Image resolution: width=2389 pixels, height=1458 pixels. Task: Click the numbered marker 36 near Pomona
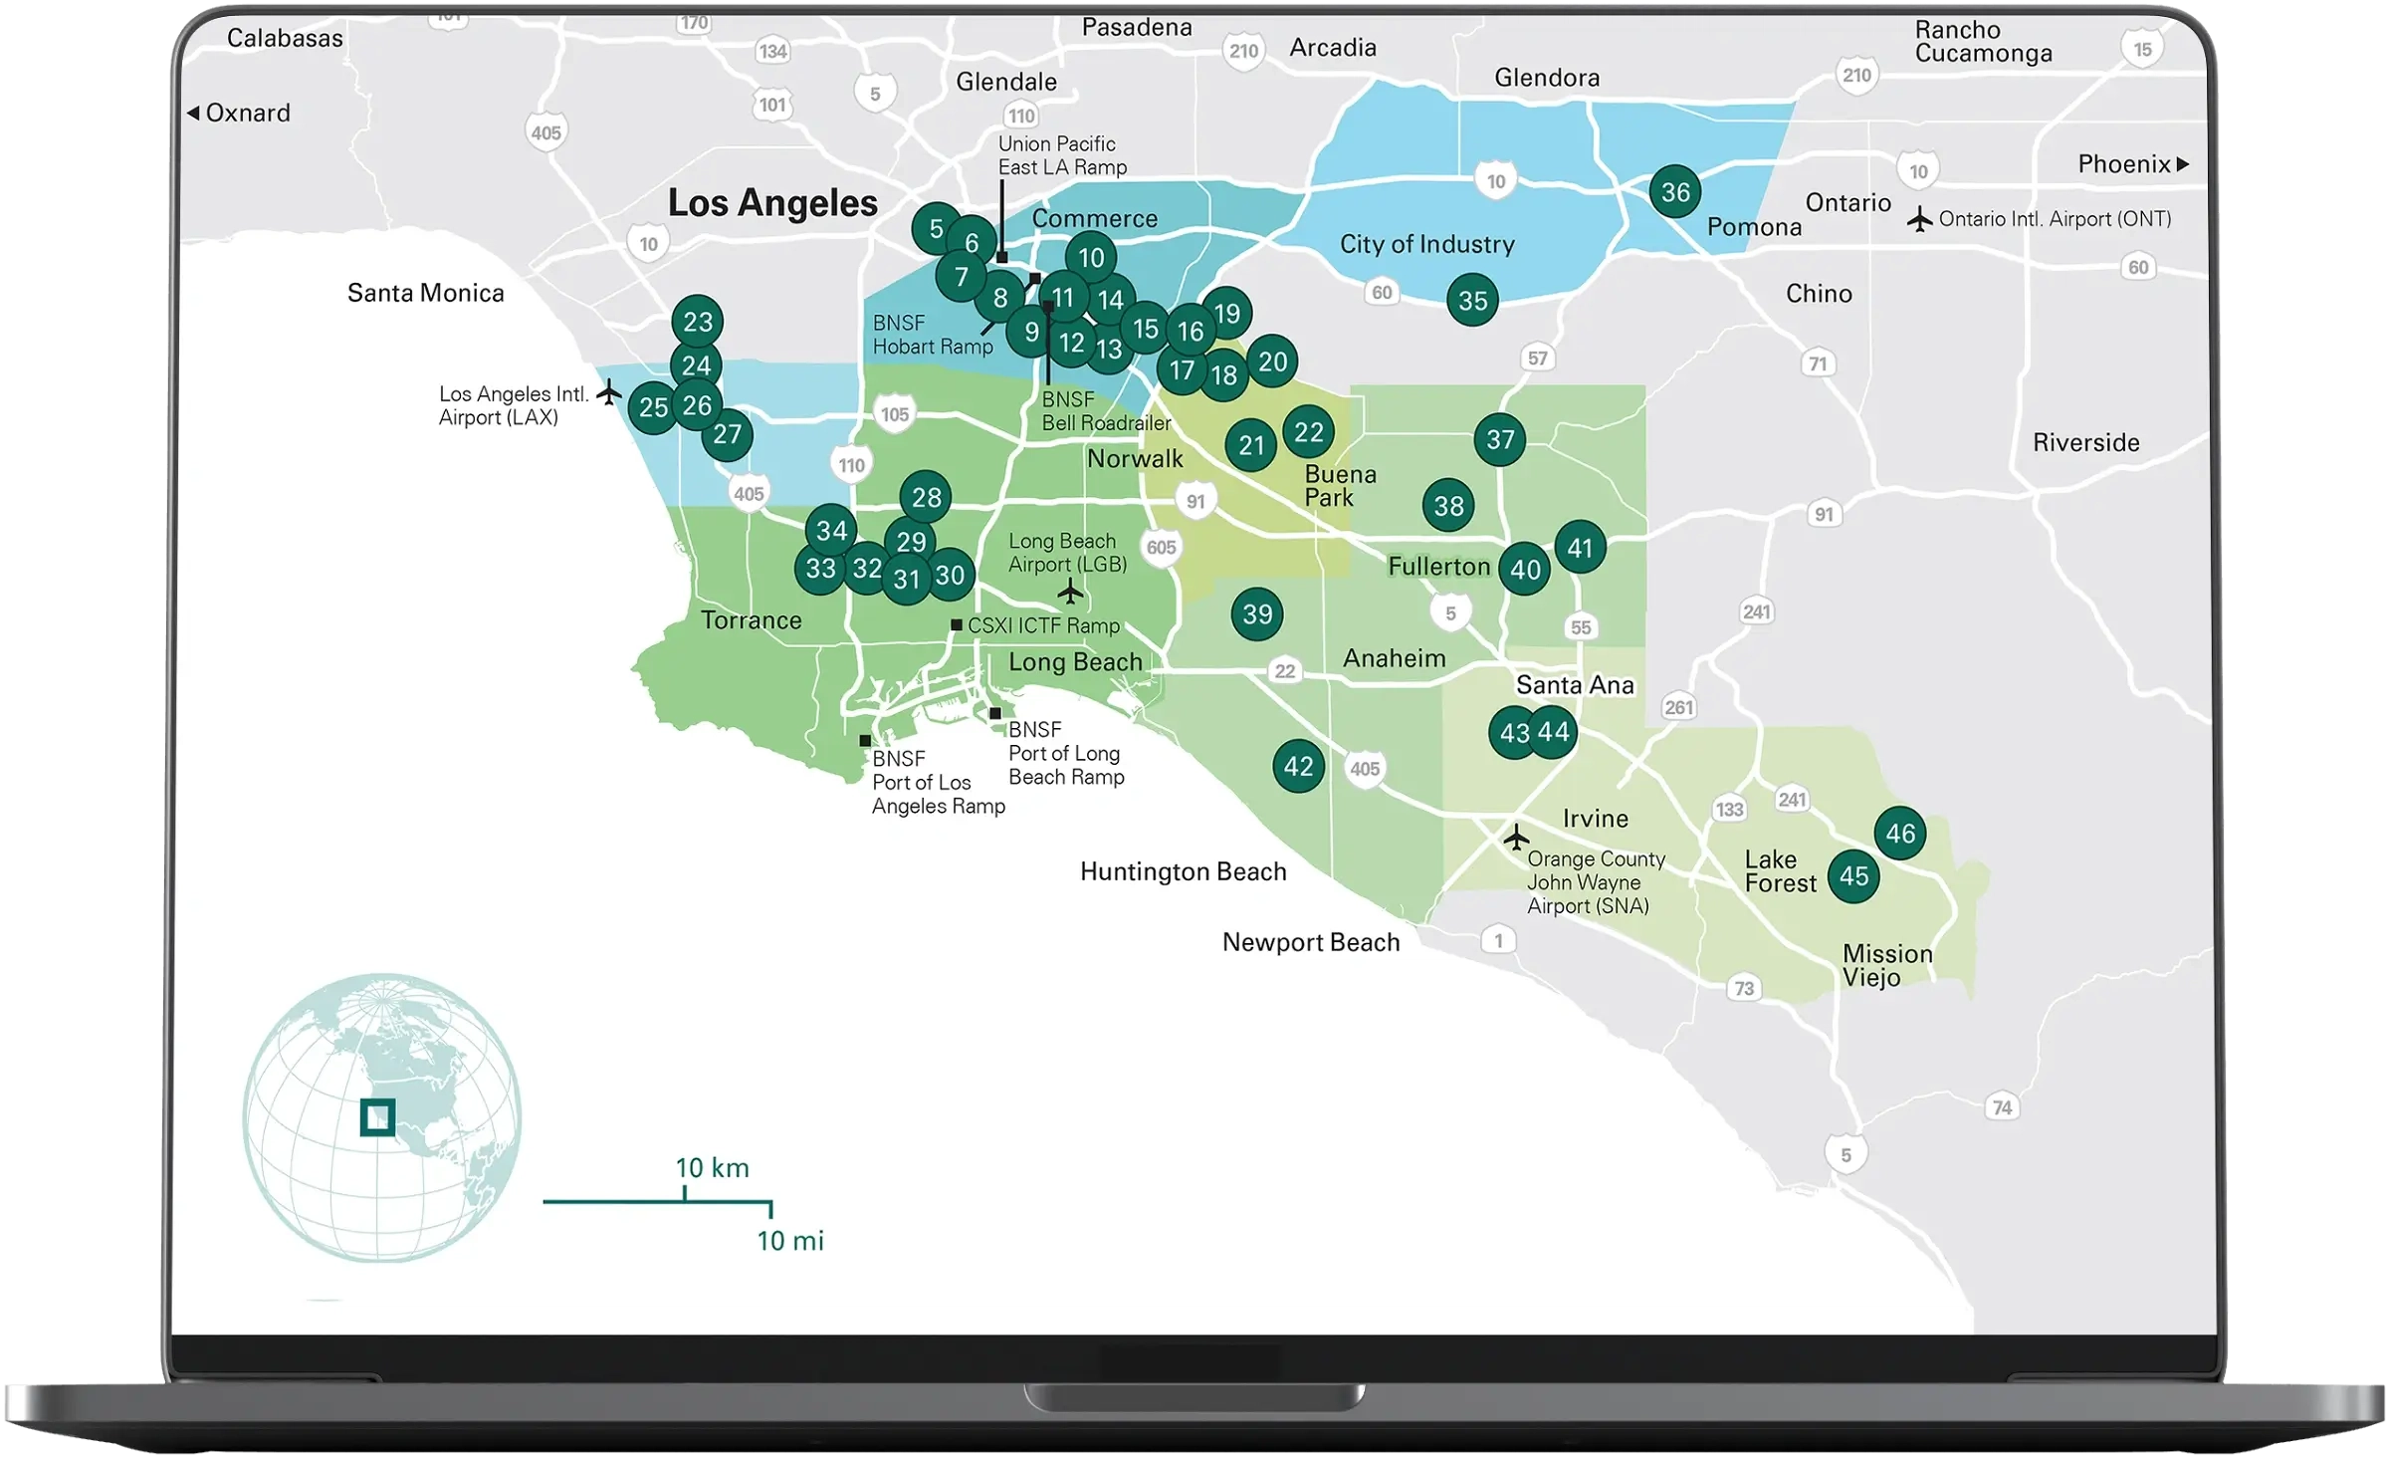pos(1675,192)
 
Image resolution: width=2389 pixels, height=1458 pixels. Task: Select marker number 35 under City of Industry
pos(1472,301)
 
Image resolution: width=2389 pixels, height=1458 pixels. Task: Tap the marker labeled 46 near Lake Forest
pos(1899,834)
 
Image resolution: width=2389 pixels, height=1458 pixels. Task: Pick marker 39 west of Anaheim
pos(1257,614)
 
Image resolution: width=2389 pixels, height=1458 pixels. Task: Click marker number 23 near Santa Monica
pos(698,322)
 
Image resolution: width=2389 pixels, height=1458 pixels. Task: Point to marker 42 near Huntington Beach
pos(1298,766)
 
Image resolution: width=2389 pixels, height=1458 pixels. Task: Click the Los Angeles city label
pos(772,203)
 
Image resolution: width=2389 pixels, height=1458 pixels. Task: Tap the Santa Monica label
pos(425,293)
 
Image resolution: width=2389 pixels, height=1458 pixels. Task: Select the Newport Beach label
pos(1310,942)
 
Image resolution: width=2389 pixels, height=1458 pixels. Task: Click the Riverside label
pos(2085,442)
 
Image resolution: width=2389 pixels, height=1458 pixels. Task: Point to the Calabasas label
pos(285,38)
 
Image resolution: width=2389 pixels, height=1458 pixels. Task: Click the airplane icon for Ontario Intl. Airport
pos(1919,219)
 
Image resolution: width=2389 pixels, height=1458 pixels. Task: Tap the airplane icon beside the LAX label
pos(608,393)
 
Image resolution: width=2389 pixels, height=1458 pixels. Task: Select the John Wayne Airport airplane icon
pos(1516,838)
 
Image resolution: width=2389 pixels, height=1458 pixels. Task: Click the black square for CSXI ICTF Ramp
pos(957,625)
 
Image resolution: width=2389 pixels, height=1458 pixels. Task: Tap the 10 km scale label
pos(712,1167)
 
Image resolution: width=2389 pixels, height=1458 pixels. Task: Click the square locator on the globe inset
pos(377,1117)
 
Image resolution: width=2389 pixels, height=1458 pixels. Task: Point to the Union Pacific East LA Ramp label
pos(1062,155)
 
